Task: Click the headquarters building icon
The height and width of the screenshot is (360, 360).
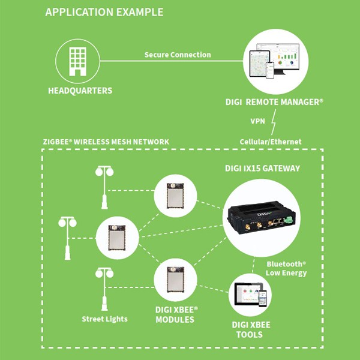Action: (77, 61)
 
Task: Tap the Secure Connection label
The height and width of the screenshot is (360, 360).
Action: (178, 55)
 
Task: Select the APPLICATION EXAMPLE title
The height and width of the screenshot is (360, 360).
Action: (104, 12)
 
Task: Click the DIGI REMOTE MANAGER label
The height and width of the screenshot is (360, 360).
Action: (274, 102)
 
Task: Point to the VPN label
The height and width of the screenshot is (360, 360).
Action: (257, 121)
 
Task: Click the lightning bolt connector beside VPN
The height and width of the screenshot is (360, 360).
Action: (273, 122)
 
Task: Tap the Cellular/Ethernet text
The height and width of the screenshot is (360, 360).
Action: (271, 142)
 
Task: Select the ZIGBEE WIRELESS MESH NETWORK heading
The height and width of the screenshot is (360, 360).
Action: (106, 142)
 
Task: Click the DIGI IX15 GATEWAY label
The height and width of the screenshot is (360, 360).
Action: (262, 168)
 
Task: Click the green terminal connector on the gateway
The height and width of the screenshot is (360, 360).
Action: (288, 220)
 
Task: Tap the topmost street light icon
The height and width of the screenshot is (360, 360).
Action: (104, 188)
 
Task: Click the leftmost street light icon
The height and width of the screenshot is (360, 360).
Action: (67, 238)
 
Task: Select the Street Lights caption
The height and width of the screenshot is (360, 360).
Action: (104, 319)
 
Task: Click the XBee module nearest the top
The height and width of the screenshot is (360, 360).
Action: (175, 196)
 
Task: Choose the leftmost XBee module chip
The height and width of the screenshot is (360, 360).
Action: (117, 238)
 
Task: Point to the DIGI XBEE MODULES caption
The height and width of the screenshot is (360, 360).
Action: (176, 314)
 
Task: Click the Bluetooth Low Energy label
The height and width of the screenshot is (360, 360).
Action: (286, 268)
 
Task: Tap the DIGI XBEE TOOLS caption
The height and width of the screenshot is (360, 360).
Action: (251, 329)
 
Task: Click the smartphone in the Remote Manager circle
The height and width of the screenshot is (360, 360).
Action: (270, 70)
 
